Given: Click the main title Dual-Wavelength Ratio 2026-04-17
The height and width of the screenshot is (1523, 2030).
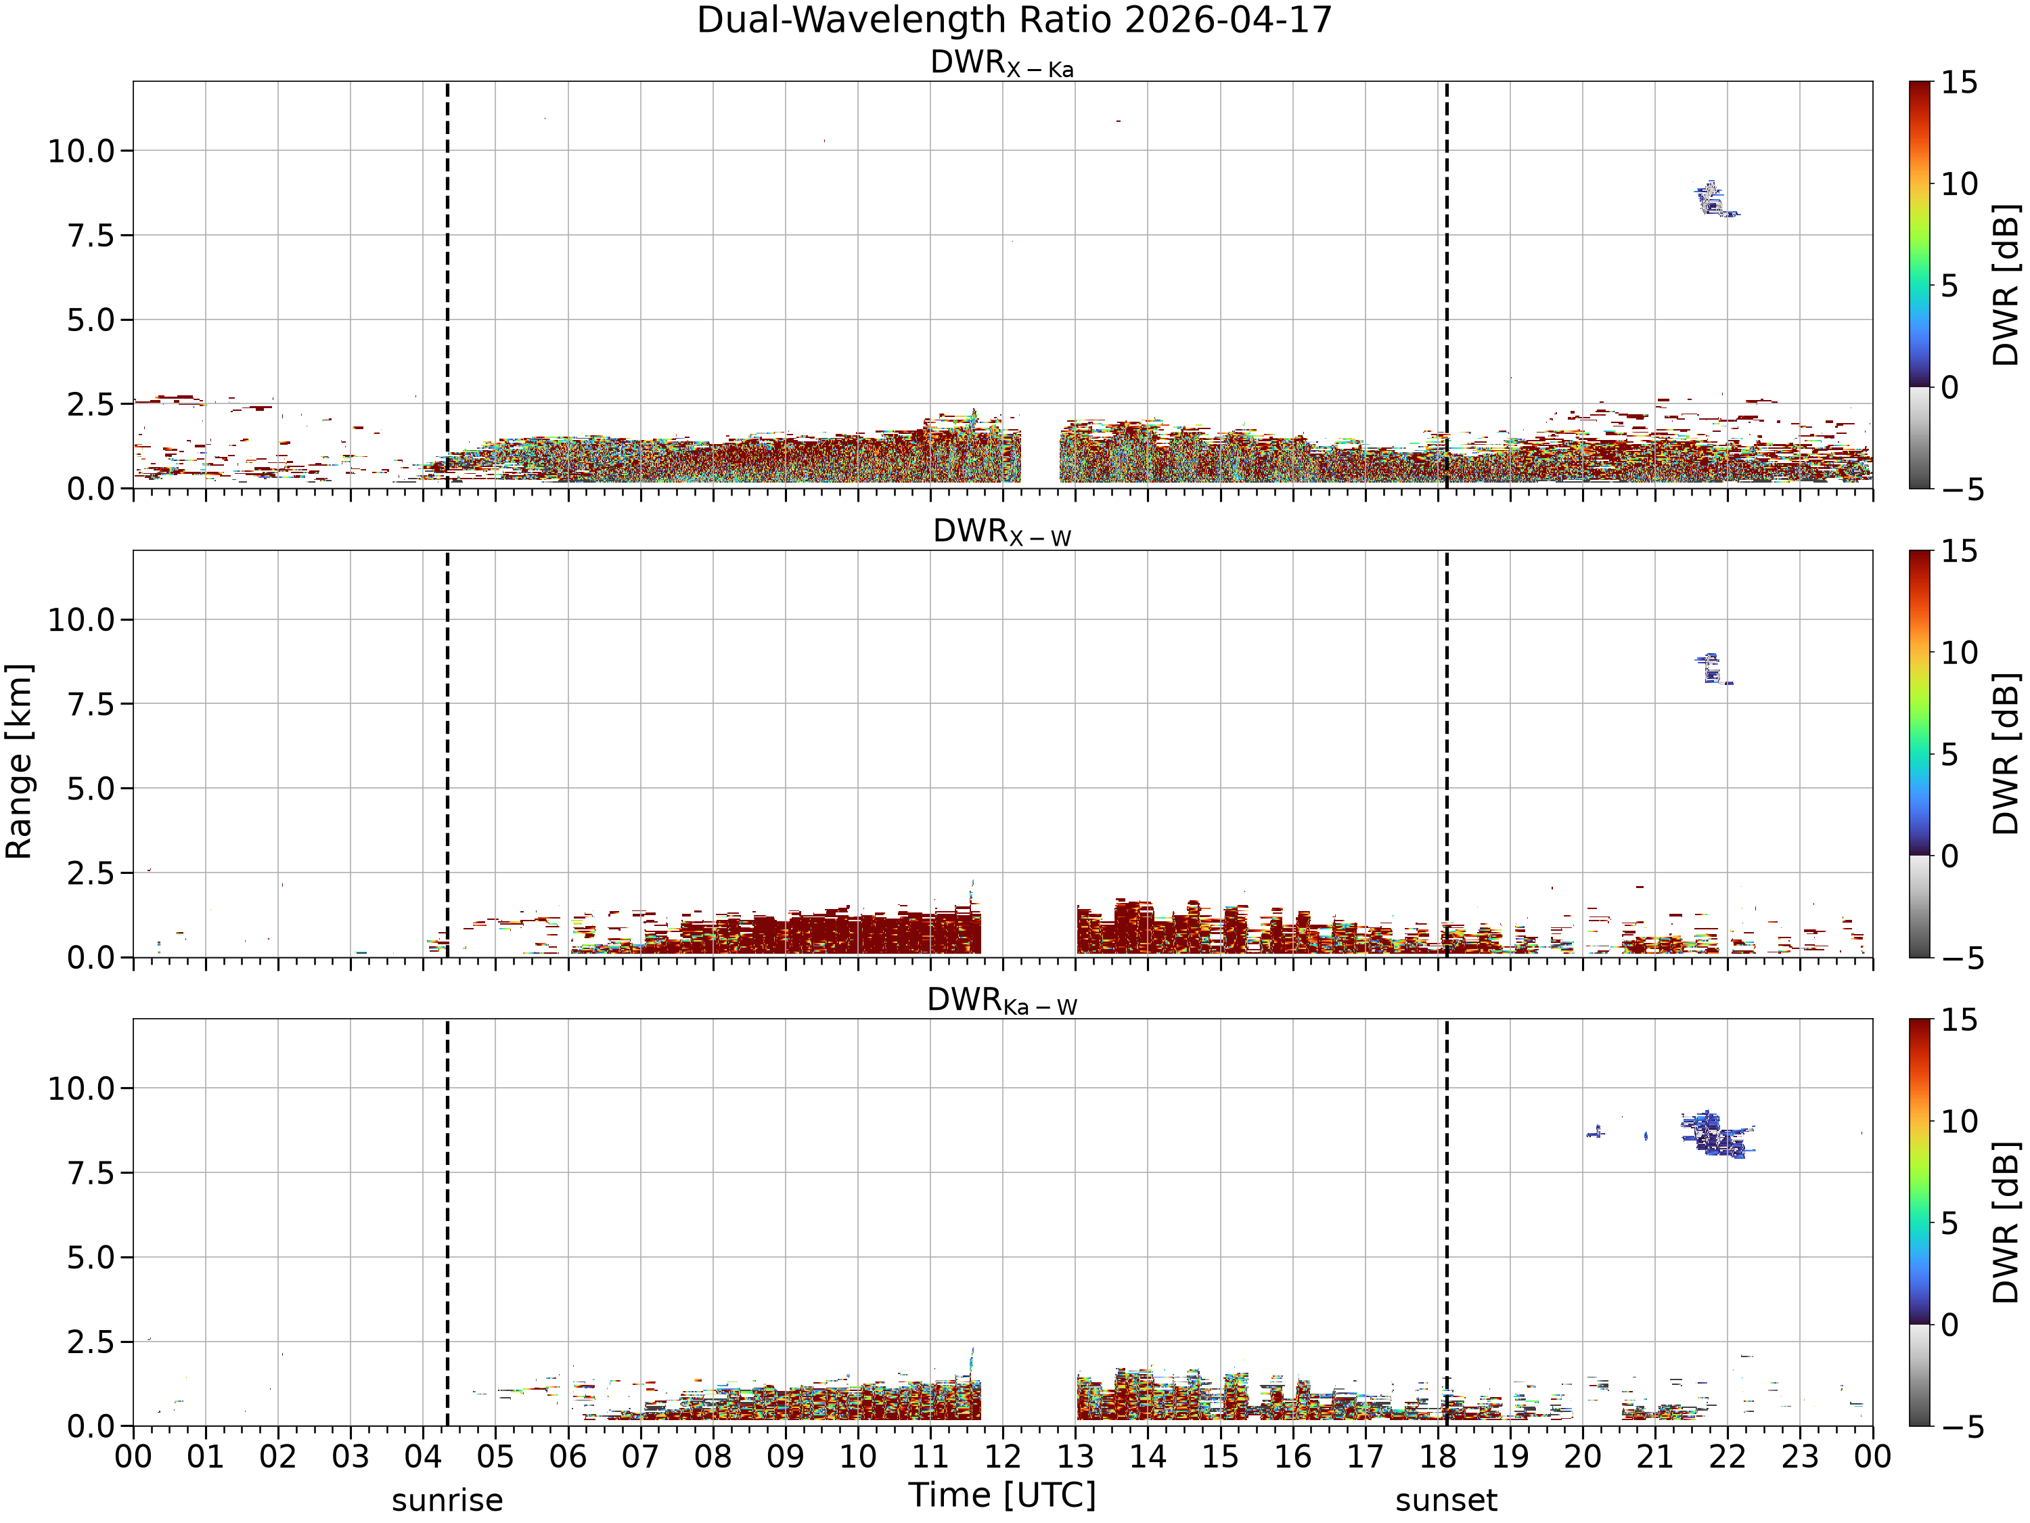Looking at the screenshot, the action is [1014, 20].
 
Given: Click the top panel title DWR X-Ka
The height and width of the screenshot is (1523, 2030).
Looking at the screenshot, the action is [1002, 64].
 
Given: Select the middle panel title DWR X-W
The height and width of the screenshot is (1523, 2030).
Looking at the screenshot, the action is [1002, 533].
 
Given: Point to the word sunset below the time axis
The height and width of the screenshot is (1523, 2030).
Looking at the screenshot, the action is [1446, 1500].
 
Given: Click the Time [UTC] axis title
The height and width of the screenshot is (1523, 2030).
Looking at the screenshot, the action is [1002, 1495].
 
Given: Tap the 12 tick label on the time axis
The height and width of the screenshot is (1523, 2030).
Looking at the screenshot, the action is [1002, 1457].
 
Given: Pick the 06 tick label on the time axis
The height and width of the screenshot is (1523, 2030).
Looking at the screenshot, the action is [568, 1457].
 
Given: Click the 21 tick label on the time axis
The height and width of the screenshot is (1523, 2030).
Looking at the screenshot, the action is [1654, 1457].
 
